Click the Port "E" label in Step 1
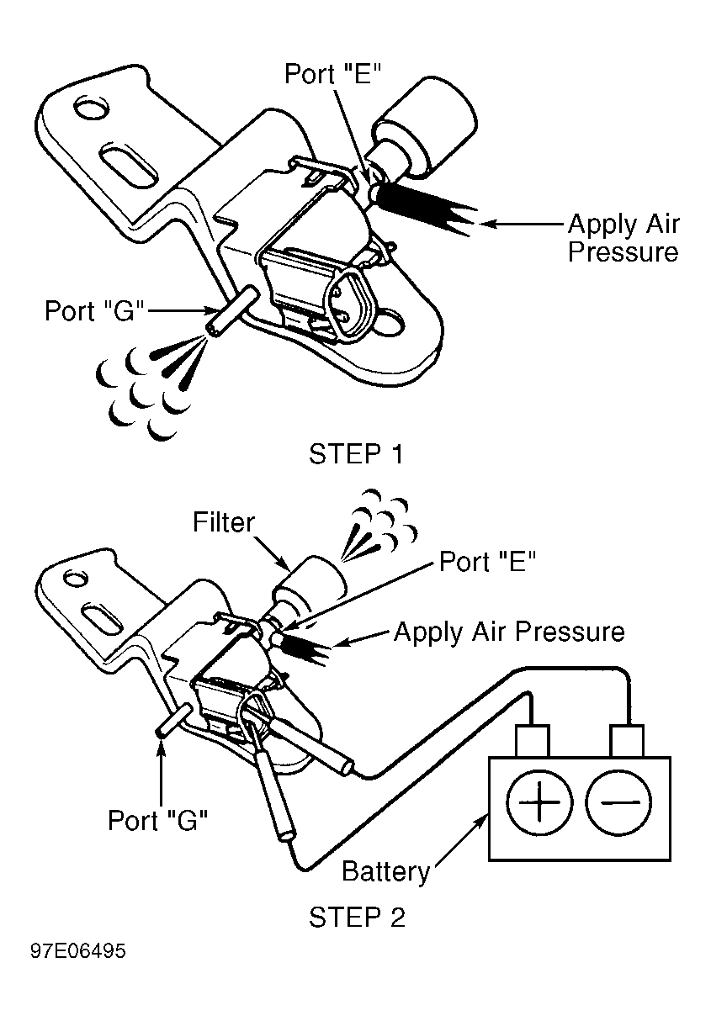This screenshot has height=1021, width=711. pyautogui.click(x=332, y=73)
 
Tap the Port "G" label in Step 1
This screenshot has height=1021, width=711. pyautogui.click(x=94, y=311)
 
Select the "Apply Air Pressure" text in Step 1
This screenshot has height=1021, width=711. pyautogui.click(x=623, y=238)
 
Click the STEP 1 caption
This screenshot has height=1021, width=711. pyautogui.click(x=356, y=454)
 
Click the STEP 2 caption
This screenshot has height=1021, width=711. pyautogui.click(x=357, y=917)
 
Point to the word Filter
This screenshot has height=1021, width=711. pyautogui.click(x=224, y=522)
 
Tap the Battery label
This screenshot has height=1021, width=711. pyautogui.click(x=386, y=871)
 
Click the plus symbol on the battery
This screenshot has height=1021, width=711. pyautogui.click(x=539, y=801)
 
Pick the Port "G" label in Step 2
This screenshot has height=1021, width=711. pyautogui.click(x=157, y=821)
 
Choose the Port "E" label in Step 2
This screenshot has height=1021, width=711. pyautogui.click(x=487, y=561)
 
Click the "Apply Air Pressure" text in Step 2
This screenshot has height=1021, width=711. pyautogui.click(x=509, y=632)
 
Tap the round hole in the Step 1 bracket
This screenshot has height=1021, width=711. pyautogui.click(x=91, y=108)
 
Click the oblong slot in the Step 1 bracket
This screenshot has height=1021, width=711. pyautogui.click(x=128, y=166)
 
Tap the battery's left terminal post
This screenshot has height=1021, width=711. pyautogui.click(x=533, y=740)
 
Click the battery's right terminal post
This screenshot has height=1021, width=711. pyautogui.click(x=627, y=740)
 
